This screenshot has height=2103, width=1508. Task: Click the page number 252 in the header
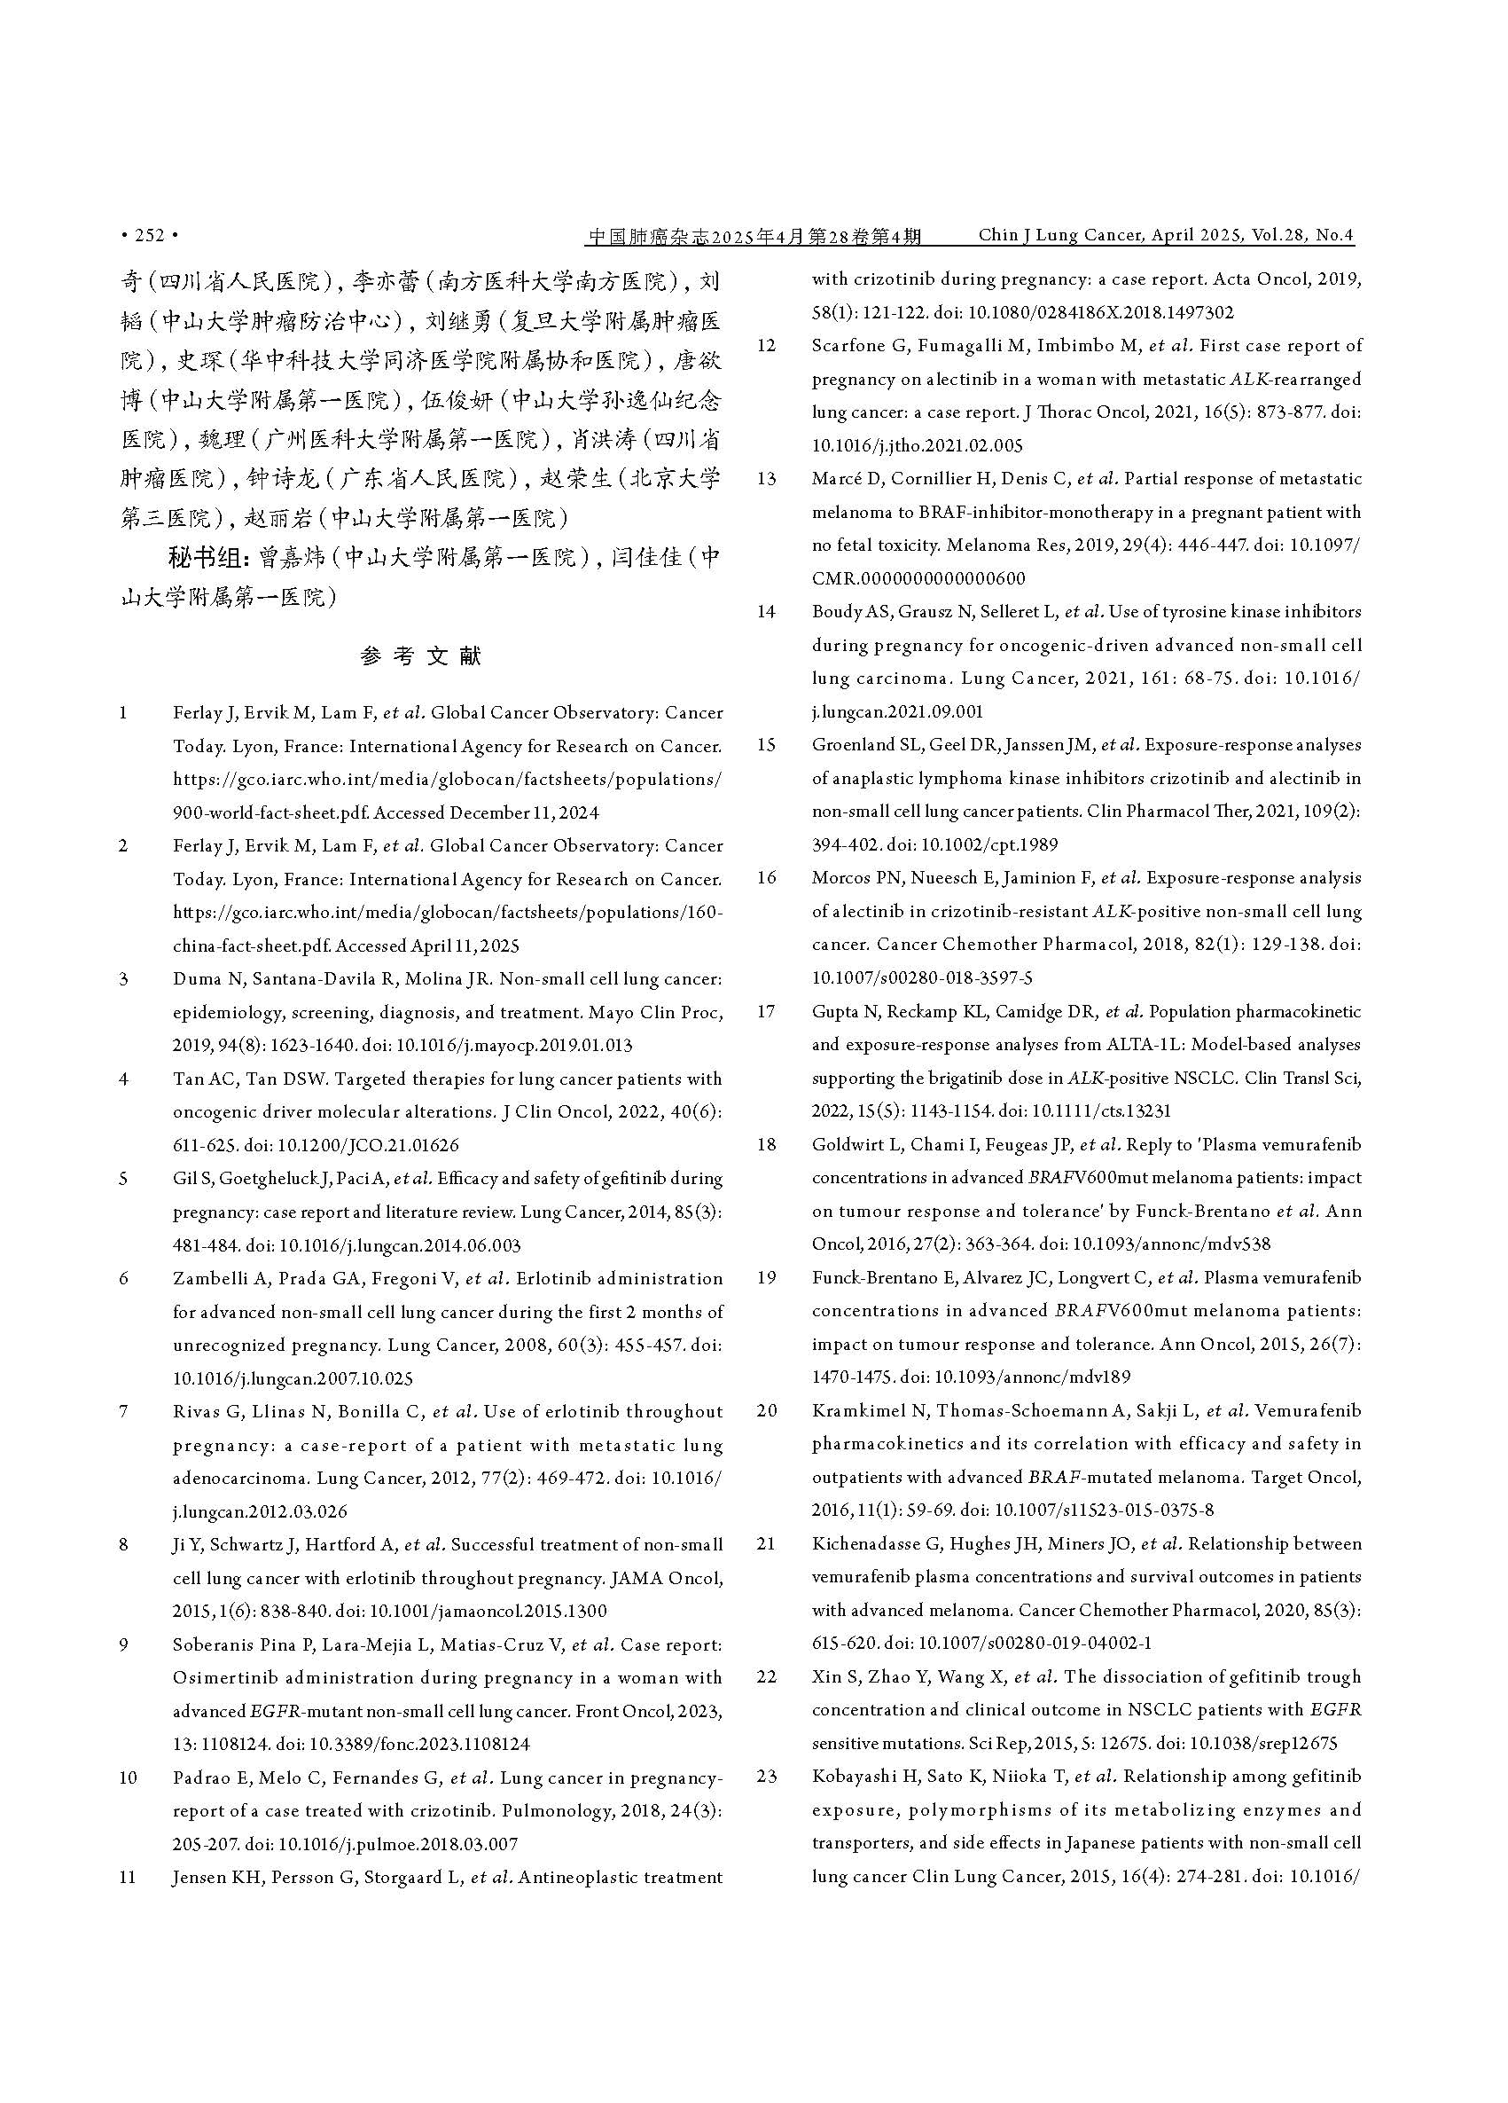tap(148, 236)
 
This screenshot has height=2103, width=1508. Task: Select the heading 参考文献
tap(421, 656)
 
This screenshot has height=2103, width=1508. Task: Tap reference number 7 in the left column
tap(124, 1411)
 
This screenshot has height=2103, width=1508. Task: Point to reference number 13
tap(766, 478)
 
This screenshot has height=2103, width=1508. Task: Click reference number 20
tap(767, 1410)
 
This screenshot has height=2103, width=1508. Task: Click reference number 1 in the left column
tap(123, 713)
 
